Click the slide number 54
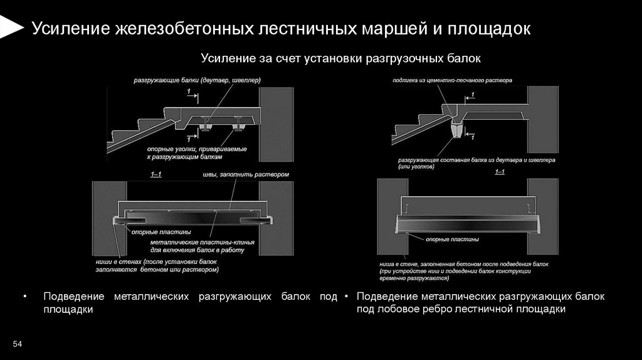(18, 344)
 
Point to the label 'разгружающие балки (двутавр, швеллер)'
(196, 80)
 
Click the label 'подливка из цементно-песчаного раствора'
(452, 80)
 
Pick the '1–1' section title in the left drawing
(156, 173)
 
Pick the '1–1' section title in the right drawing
(500, 172)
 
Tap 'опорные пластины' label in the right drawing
(453, 240)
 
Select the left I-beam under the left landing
(205, 129)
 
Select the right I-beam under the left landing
(238, 129)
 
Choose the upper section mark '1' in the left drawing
(189, 92)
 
